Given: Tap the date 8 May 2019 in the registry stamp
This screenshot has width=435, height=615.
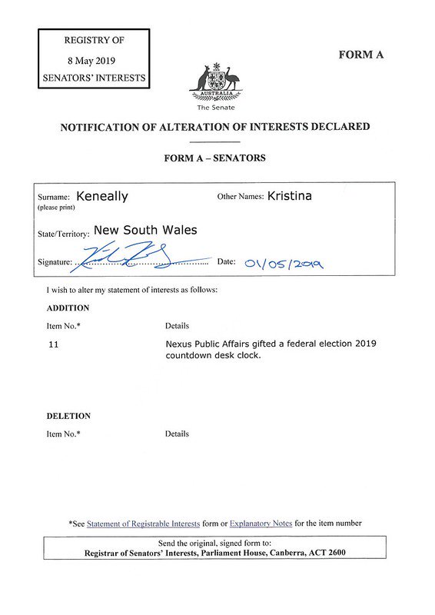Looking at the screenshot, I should [94, 59].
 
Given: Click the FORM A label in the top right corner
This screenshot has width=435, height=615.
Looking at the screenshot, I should [360, 55].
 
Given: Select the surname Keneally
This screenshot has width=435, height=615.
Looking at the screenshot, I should [102, 196].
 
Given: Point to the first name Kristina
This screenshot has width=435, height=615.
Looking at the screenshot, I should [290, 195].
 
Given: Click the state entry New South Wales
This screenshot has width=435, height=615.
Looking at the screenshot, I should [145, 230].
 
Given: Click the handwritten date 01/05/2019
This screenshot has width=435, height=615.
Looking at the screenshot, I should [284, 263].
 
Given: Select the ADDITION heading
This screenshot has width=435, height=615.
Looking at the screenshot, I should [68, 307].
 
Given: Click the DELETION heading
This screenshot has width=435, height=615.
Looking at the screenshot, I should [68, 416].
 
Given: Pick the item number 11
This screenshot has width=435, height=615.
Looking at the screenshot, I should [53, 344].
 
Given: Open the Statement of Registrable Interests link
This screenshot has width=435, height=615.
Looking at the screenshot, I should [143, 524].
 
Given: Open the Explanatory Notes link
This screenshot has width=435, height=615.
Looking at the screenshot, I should [261, 524].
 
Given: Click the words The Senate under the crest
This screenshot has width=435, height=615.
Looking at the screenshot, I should [215, 108].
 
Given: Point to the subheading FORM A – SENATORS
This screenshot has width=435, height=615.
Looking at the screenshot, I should [214, 158].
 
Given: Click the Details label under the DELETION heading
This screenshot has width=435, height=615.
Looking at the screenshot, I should [177, 434].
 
